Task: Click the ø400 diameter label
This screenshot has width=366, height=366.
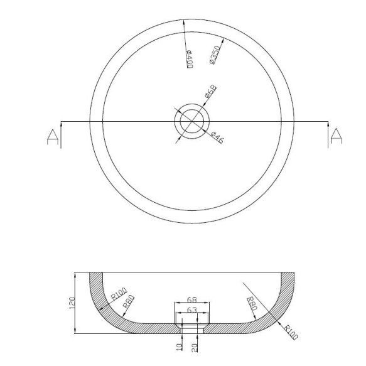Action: [x=190, y=59]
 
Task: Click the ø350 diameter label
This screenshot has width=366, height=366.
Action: [x=215, y=55]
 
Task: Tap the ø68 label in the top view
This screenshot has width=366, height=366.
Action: [x=210, y=91]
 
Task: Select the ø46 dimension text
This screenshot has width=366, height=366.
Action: [x=217, y=137]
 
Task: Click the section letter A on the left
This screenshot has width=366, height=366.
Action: [x=53, y=137]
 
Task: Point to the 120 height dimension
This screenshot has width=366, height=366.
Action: [x=72, y=303]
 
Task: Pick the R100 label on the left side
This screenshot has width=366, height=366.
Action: [x=119, y=294]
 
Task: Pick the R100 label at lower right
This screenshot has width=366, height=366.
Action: [x=291, y=331]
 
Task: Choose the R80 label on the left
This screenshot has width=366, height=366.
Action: [x=129, y=301]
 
